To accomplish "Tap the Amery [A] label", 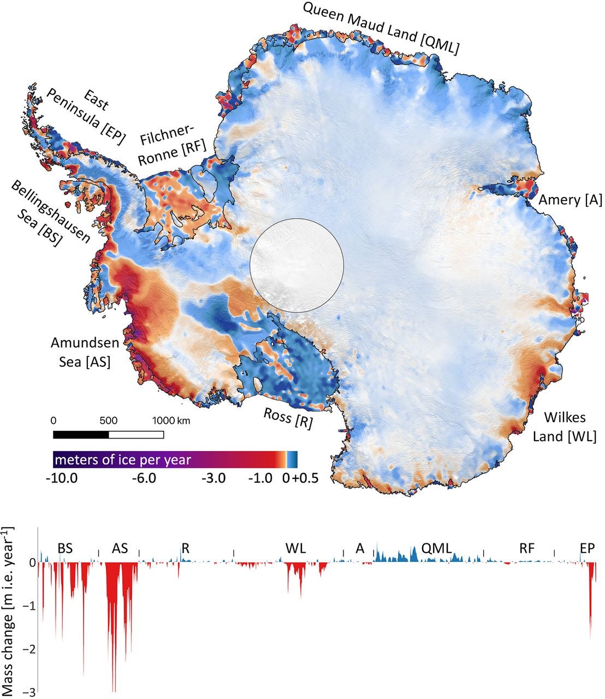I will [x=570, y=200].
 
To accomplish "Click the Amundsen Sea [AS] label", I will [x=81, y=352].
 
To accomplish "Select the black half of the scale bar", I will [x=81, y=435].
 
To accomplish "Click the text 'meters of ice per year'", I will [x=123, y=459].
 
